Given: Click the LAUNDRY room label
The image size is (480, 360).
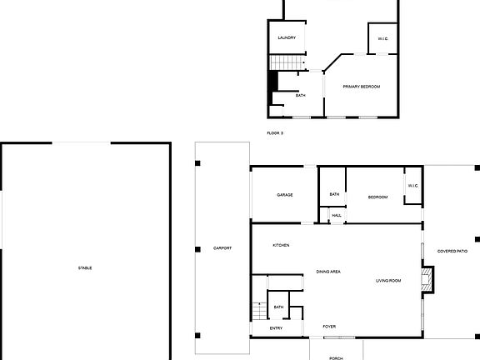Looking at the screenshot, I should [x=287, y=38].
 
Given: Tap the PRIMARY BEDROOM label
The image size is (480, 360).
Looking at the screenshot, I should [x=362, y=87].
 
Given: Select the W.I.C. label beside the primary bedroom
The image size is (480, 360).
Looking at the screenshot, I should [x=382, y=38].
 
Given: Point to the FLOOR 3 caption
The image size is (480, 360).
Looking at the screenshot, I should [x=275, y=133].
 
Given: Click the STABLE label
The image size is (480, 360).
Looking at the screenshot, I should [x=85, y=267].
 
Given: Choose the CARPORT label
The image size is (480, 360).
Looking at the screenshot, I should [x=222, y=248].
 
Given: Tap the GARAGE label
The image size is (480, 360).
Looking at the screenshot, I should [x=285, y=195].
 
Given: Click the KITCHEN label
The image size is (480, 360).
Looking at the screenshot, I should [x=281, y=245].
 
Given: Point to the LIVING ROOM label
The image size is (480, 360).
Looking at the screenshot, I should [x=388, y=281].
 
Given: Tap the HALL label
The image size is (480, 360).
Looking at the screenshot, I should [x=337, y=216].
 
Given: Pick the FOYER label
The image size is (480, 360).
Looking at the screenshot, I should [x=329, y=326].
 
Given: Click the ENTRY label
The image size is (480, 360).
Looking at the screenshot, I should [x=276, y=327].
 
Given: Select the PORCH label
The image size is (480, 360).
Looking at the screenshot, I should [x=336, y=357].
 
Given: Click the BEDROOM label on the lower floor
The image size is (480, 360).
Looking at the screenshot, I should [x=378, y=197].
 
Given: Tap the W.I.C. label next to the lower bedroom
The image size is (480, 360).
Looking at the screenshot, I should [x=412, y=185].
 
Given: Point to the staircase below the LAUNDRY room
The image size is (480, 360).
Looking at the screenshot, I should [x=286, y=63].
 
